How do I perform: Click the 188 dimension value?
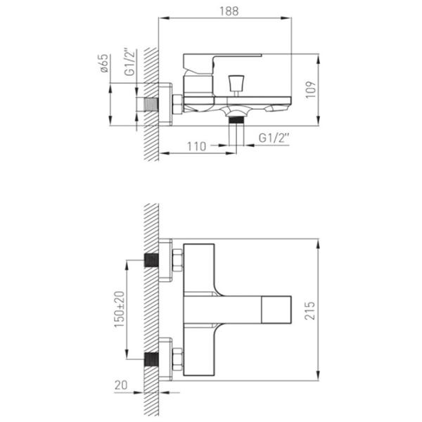pos(229,11)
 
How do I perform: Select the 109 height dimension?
pos(311,90)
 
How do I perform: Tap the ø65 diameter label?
pos(104,63)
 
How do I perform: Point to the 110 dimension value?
pos(196,147)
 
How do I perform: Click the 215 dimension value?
pos(309,311)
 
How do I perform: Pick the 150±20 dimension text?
pos(120,309)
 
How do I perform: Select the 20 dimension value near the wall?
pos(121,385)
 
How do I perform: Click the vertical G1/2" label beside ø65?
pos(129,62)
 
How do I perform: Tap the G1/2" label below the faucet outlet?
pos(274,138)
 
